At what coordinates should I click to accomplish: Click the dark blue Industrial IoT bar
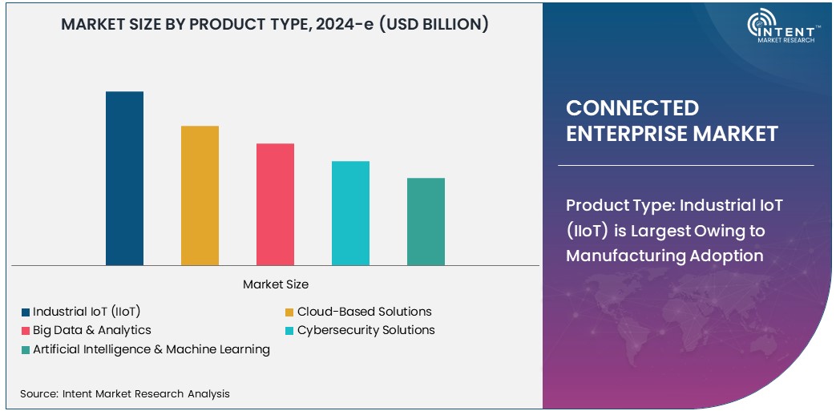coord(124,178)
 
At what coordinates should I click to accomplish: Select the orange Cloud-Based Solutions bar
coord(200,195)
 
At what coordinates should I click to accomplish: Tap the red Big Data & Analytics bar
coord(275,204)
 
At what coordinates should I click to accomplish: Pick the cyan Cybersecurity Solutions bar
coord(350,213)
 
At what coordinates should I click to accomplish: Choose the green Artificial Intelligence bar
coord(426,221)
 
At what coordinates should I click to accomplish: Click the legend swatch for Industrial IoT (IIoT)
coord(26,312)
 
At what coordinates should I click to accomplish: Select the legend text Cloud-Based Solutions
coord(364,312)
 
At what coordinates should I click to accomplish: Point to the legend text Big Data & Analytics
coord(91,330)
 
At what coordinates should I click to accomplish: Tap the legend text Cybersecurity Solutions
coord(365,330)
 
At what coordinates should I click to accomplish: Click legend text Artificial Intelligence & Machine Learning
coord(151,349)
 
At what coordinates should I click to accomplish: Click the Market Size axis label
coord(275,284)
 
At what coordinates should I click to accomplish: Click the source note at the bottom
coord(124,393)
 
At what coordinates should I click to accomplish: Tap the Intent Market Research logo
coord(781,28)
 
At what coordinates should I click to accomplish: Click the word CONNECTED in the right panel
coord(632,108)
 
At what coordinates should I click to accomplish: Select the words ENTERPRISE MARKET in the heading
coord(672,134)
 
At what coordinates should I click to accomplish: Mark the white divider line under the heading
coord(685,166)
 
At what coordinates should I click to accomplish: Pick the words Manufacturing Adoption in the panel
coord(664,256)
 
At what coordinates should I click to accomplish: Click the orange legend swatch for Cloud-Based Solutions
coord(290,312)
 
